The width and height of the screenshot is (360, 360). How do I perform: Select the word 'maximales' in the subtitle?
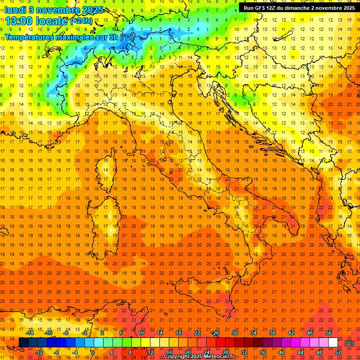[x=71, y=37]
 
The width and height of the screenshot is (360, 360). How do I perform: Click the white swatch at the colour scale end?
[x=333, y=343]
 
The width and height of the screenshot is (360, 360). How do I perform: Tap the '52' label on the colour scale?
[x=338, y=352]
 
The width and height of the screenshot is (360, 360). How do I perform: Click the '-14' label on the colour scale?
[x=30, y=333]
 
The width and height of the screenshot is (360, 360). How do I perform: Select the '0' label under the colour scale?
[x=93, y=352]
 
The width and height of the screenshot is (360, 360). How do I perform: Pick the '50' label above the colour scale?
[x=329, y=333]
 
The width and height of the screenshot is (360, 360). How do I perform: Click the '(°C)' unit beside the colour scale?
[x=349, y=343]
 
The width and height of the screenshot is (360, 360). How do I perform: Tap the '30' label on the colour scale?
[x=234, y=333]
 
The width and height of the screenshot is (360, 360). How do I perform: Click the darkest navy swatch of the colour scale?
[x=23, y=343]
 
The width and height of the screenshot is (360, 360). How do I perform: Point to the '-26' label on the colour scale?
[x=215, y=333]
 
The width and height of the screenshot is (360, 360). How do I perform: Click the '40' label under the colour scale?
[x=281, y=352]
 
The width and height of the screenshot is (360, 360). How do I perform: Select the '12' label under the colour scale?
[x=150, y=352]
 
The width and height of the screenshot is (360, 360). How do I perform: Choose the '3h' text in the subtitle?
[x=113, y=37]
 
